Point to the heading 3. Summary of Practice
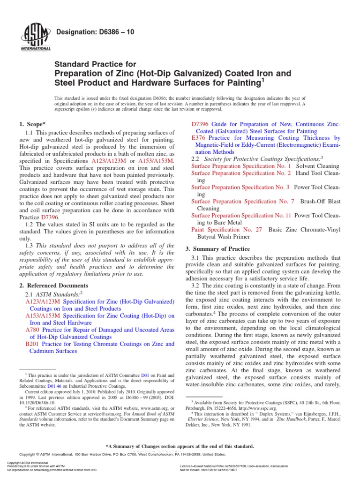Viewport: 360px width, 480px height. (218, 248)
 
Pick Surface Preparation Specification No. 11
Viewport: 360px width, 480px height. (241, 216)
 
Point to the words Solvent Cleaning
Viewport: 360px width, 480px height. (318, 166)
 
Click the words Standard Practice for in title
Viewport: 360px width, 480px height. (96, 64)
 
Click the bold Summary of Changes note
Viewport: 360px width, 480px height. (180, 446)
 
